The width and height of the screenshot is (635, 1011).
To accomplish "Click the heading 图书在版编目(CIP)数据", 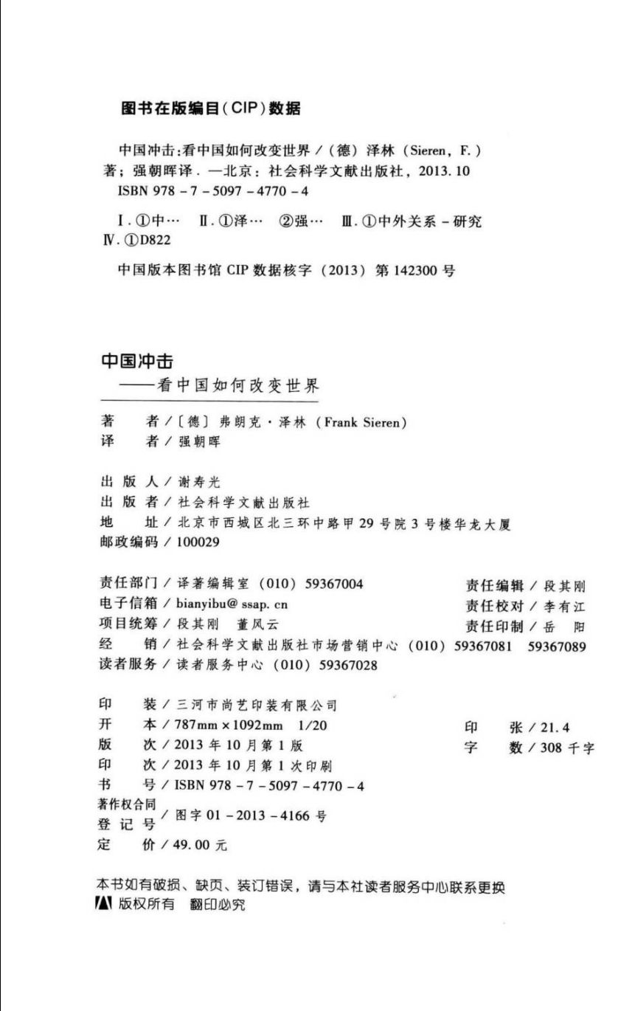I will click(210, 109).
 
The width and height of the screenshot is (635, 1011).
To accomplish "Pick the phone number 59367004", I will click(330, 584).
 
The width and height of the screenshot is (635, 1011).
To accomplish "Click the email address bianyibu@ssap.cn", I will click(232, 604).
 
